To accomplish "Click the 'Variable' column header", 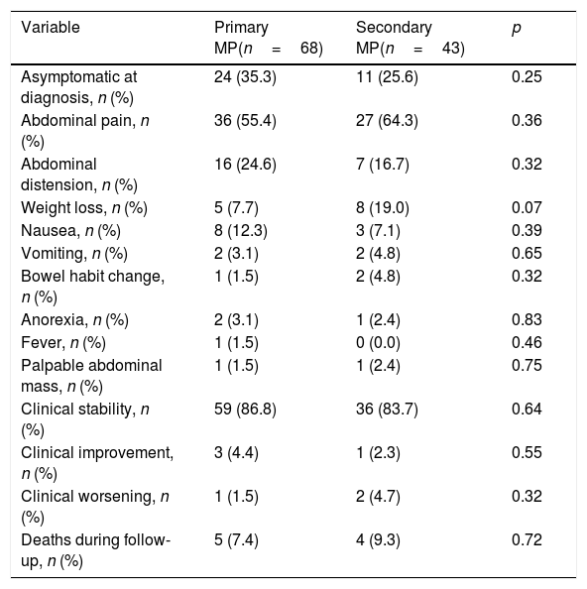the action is [51, 28].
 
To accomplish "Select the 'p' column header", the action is [517, 28].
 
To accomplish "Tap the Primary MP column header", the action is [269, 38].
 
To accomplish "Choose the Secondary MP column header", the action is [411, 38].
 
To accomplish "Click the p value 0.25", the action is [527, 77].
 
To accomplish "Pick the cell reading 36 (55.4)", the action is [245, 121].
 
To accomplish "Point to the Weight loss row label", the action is [84, 207].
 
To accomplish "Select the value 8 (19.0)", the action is [383, 207].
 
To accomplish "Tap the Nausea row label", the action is [70, 231].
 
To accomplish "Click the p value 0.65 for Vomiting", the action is [527, 253].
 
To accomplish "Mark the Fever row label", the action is [63, 343].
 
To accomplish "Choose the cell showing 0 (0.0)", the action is [378, 343].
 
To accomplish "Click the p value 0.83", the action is [527, 320].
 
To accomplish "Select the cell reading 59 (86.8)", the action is [245, 410].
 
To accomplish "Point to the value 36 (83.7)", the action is [387, 410].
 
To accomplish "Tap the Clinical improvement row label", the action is [97, 463].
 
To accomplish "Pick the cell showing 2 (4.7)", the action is [378, 497].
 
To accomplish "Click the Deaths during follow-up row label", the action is [96, 550].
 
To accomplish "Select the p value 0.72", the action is [527, 540].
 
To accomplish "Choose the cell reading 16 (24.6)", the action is [245, 165].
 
